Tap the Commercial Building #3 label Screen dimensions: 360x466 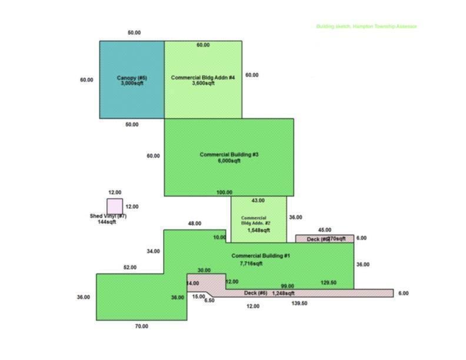click(229, 155)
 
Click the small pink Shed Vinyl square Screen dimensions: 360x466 click(115, 206)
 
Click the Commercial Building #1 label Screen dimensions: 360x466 click(261, 256)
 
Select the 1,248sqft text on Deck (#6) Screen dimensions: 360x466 click(283, 293)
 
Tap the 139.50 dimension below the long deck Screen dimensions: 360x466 click(299, 304)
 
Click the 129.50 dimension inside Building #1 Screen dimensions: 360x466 click(328, 283)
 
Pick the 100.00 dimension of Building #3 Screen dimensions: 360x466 click(224, 192)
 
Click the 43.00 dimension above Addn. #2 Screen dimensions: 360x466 click(258, 201)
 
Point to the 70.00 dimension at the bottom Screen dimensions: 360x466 click(141, 326)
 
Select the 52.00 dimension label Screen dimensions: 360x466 click(129, 268)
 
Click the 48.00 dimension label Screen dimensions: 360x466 click(194, 224)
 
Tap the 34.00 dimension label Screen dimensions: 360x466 click(153, 251)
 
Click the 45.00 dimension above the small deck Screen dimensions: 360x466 click(324, 230)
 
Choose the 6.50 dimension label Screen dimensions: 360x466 click(209, 301)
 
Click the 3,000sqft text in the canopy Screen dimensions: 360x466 click(131, 84)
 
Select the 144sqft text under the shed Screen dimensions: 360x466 click(106, 222)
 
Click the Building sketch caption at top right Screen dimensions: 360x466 click(366, 26)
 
